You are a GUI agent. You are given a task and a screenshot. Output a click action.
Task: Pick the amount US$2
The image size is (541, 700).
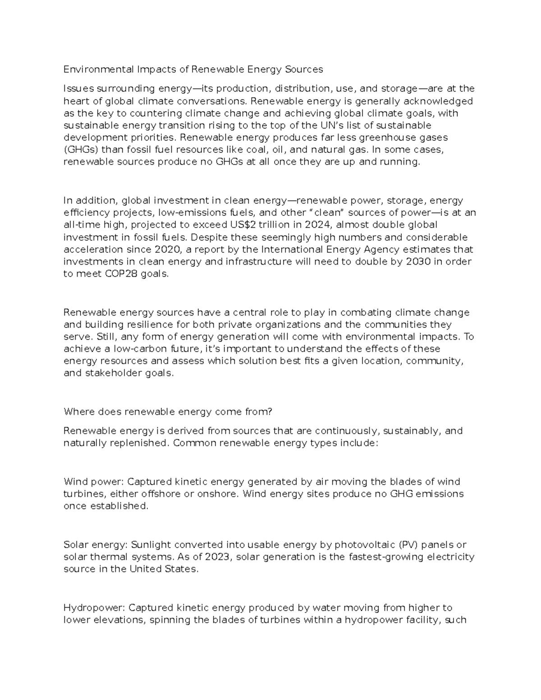point(265,225)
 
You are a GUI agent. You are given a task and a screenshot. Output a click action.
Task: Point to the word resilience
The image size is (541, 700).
point(148,325)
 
